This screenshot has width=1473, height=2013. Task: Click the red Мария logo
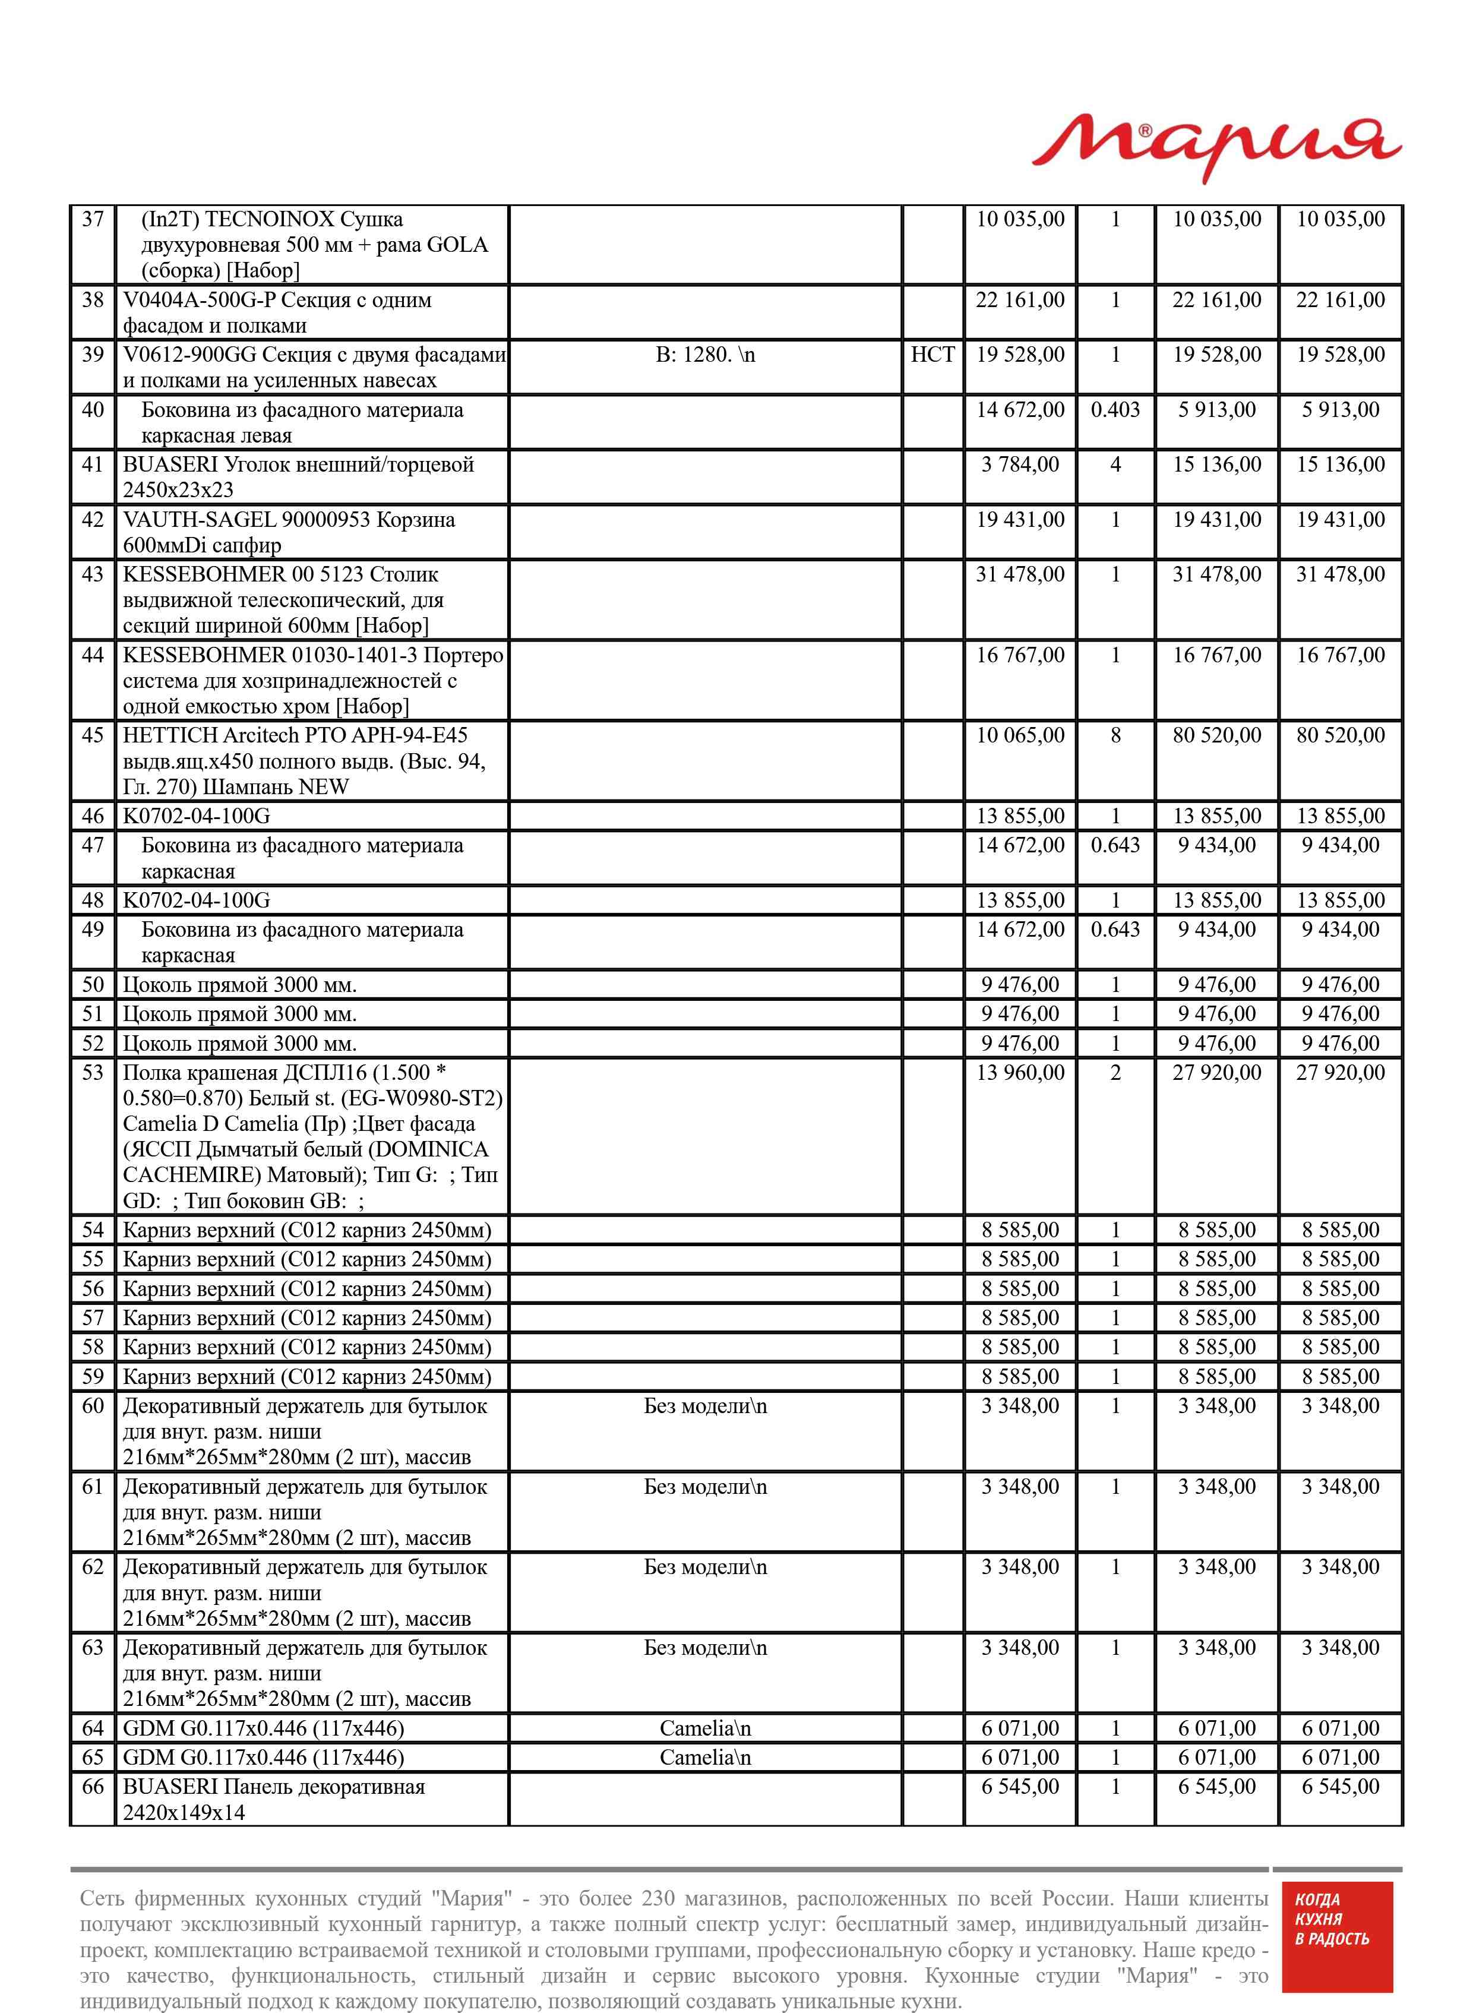[x=1216, y=147]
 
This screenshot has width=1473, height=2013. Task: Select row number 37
[x=93, y=219]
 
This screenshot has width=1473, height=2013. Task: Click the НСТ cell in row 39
[x=932, y=355]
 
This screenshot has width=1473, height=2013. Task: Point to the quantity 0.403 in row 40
[x=1115, y=410]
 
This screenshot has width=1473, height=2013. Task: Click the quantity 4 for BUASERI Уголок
[x=1115, y=464]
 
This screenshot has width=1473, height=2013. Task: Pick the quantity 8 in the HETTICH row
[x=1115, y=735]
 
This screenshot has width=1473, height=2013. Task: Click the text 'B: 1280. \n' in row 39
[x=705, y=355]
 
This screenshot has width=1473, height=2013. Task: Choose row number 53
[x=93, y=1073]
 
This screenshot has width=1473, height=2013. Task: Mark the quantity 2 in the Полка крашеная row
[x=1115, y=1073]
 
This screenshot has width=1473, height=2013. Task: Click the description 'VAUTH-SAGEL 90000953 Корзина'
[x=289, y=520]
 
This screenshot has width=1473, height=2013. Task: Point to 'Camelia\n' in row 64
[x=705, y=1728]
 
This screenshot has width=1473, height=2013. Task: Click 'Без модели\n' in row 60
[x=705, y=1406]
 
